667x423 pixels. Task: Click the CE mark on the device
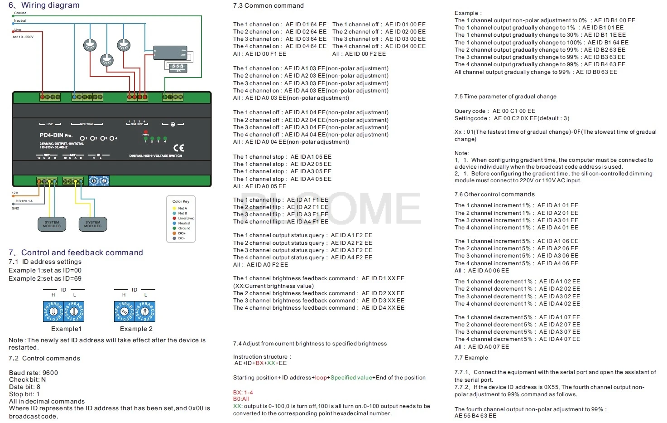click(179, 147)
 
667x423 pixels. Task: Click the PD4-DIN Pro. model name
click(56, 135)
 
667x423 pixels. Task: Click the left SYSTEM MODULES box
click(52, 224)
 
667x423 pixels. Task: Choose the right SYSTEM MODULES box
click(93, 224)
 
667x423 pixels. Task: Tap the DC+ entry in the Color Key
click(182, 233)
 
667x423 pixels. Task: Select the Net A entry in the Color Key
click(182, 208)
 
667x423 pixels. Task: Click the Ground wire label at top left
click(20, 13)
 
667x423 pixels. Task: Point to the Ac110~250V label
click(23, 37)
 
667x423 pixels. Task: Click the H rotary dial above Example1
click(53, 312)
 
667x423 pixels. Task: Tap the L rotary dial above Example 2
click(145, 312)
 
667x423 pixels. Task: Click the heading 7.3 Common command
click(268, 6)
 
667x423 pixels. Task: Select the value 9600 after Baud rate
click(50, 373)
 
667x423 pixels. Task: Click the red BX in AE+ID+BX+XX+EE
click(259, 363)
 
